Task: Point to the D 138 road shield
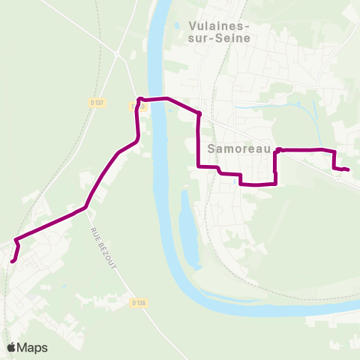[136, 303]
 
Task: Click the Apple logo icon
[11, 347]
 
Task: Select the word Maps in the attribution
[32, 347]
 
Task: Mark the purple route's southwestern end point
[13, 261]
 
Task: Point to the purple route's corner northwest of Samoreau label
[199, 114]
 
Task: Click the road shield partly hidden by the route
[136, 106]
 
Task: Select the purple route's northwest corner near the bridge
[139, 99]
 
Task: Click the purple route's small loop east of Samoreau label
[278, 151]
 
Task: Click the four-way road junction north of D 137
[117, 54]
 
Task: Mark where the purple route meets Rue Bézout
[86, 207]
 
